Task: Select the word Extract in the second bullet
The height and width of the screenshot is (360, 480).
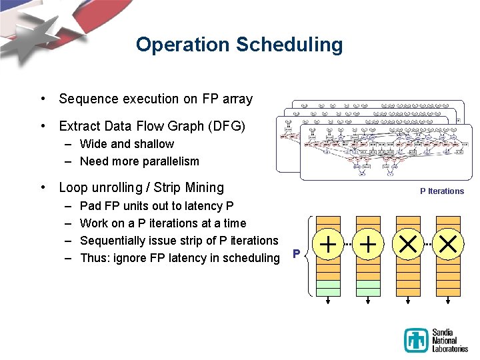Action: coord(81,126)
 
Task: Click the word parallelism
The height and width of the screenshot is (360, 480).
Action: coord(168,161)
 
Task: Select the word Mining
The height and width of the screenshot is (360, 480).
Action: coord(204,187)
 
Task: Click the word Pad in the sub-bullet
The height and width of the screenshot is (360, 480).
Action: coord(90,206)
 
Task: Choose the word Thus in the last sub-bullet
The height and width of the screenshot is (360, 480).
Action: coord(93,258)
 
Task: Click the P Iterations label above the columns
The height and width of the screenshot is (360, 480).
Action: coord(441,191)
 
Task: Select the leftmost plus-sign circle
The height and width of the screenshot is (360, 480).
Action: coord(328,246)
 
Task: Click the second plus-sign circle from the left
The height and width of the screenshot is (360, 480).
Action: coord(368,246)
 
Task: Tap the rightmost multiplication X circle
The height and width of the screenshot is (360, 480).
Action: coord(448,246)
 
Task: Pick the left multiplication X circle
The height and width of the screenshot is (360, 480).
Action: coord(408,246)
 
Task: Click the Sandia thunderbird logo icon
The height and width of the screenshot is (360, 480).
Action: coord(416,340)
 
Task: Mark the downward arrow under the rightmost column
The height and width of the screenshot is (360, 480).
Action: coord(448,301)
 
